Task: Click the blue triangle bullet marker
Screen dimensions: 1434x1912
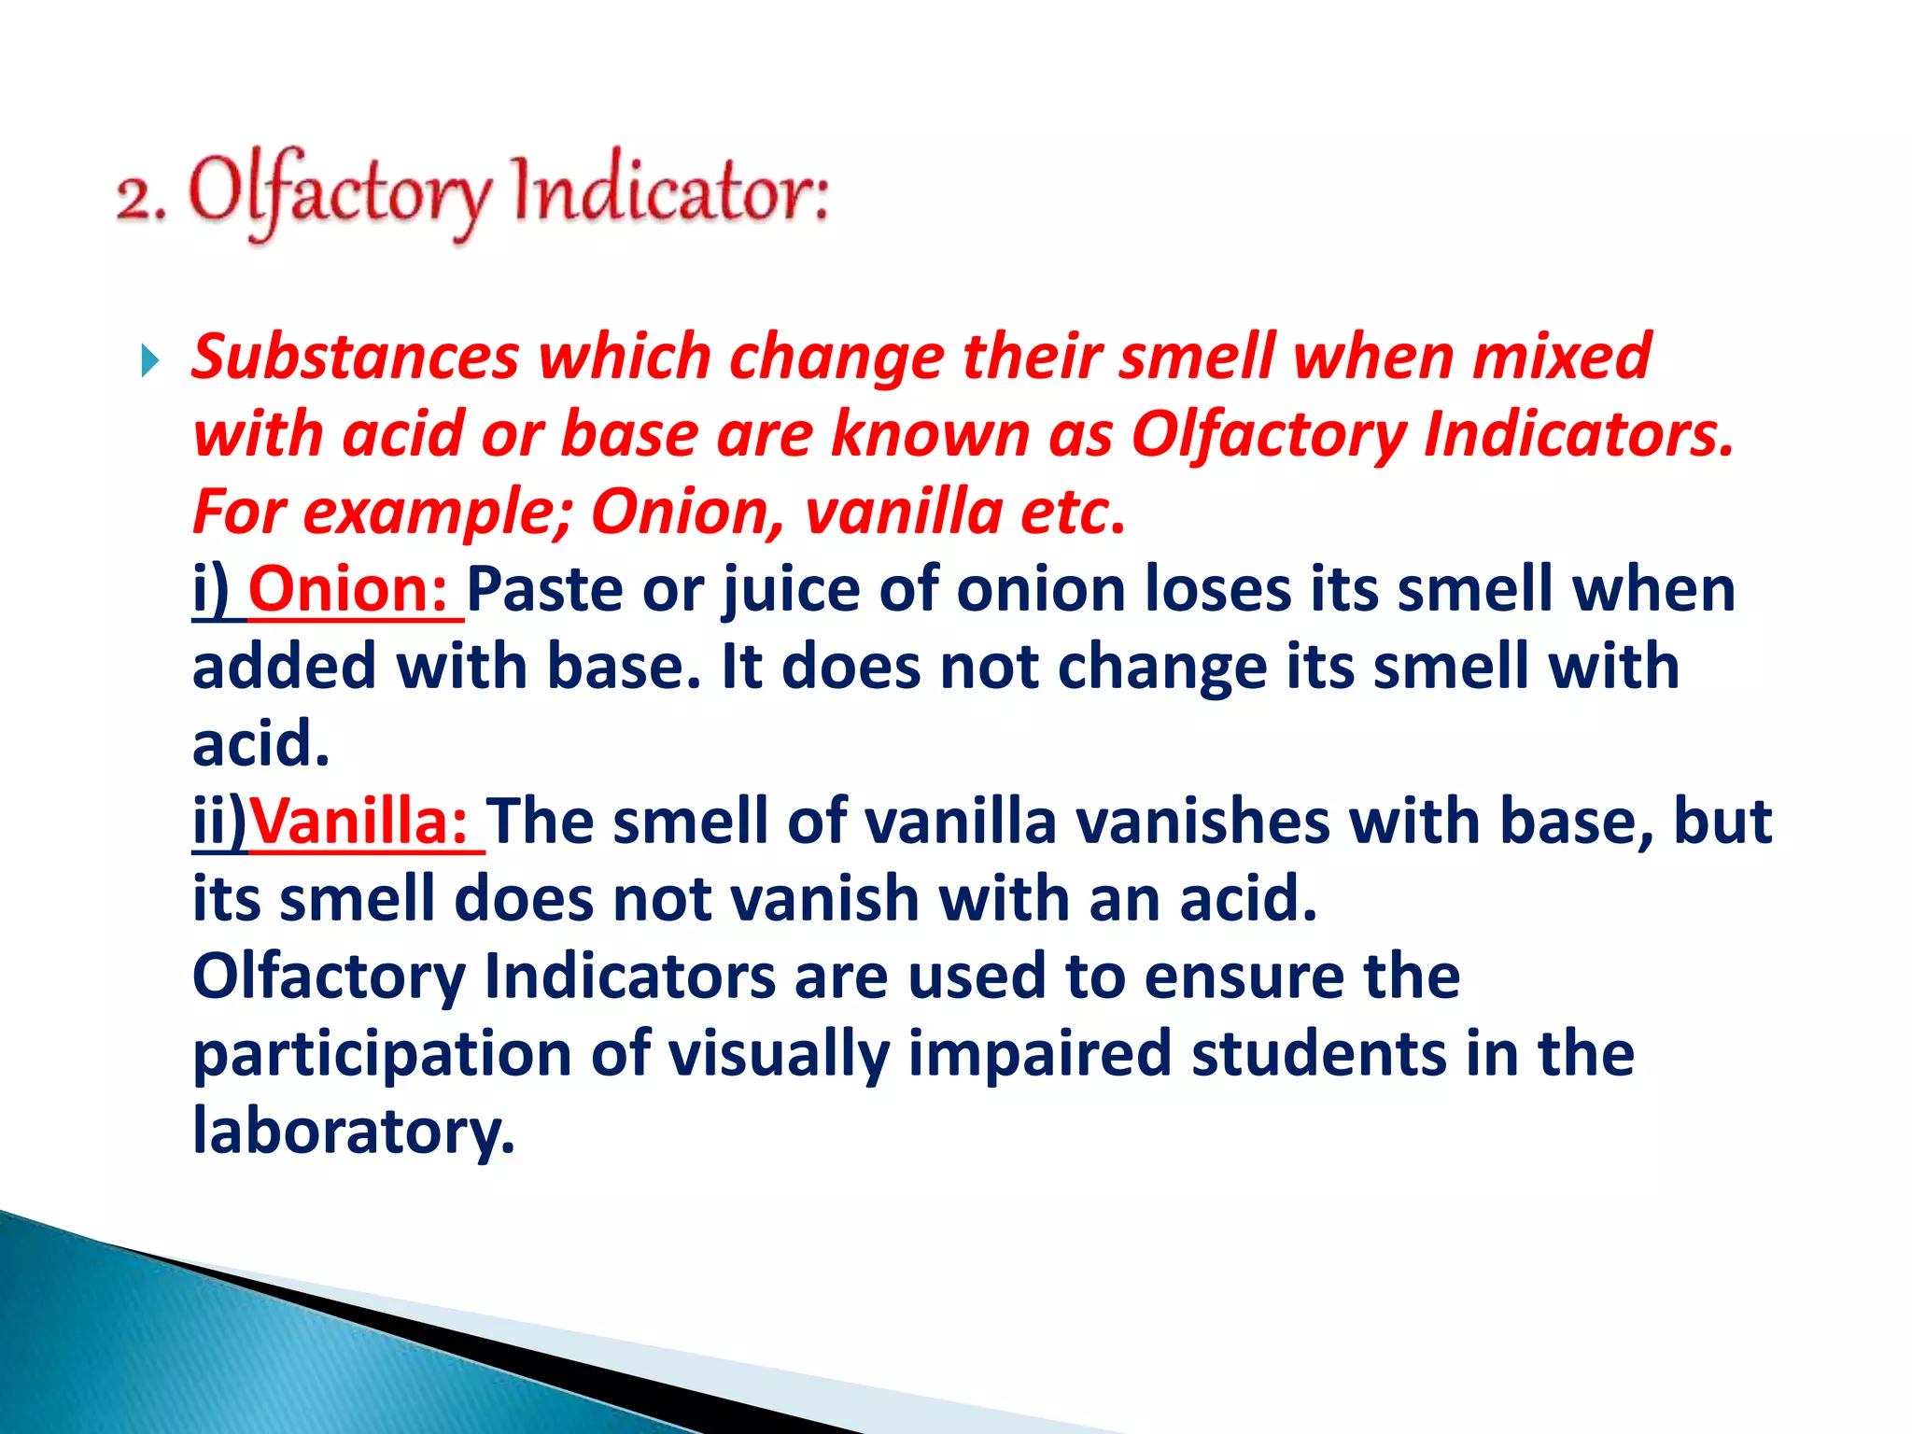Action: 149,360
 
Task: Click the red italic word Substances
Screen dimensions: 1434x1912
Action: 355,358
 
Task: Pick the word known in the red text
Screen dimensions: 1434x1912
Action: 930,435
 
